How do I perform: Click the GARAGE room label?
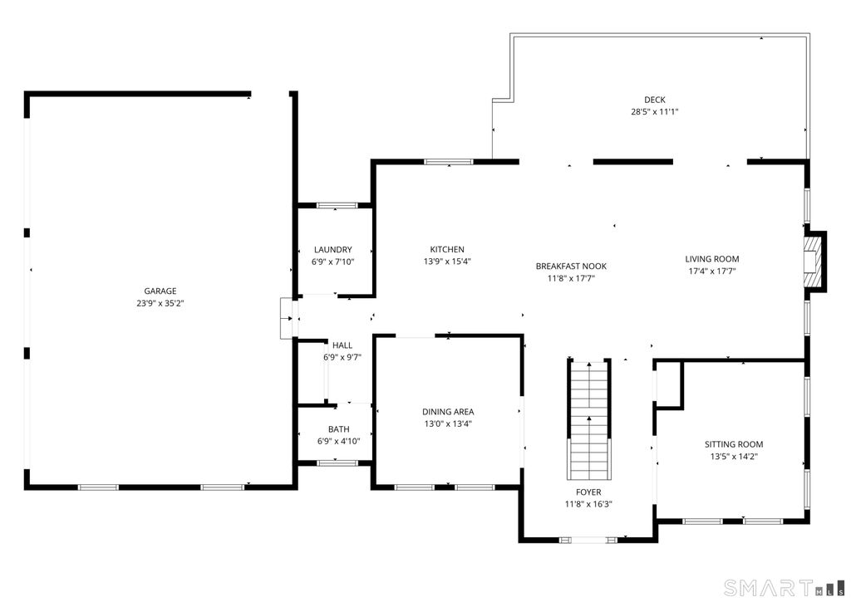pyautogui.click(x=160, y=291)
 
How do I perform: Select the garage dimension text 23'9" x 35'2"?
pyautogui.click(x=160, y=304)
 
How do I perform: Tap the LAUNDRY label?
pyautogui.click(x=332, y=250)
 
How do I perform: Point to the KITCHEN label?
pyautogui.click(x=447, y=250)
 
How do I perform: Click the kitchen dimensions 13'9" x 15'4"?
pyautogui.click(x=447, y=262)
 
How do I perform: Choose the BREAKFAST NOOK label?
pyautogui.click(x=571, y=267)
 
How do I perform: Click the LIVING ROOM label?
pyautogui.click(x=712, y=259)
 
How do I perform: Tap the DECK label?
pyautogui.click(x=655, y=100)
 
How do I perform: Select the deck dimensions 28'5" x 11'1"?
pyautogui.click(x=655, y=111)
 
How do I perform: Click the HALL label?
pyautogui.click(x=342, y=345)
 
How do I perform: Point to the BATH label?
pyautogui.click(x=338, y=429)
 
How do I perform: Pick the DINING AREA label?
pyautogui.click(x=448, y=412)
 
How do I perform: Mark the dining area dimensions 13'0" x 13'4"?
pyautogui.click(x=448, y=423)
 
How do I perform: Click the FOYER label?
pyautogui.click(x=588, y=492)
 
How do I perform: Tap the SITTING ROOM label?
pyautogui.click(x=734, y=444)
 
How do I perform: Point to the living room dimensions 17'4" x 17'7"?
pyautogui.click(x=712, y=271)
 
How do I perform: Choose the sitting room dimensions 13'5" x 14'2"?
pyautogui.click(x=734, y=456)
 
